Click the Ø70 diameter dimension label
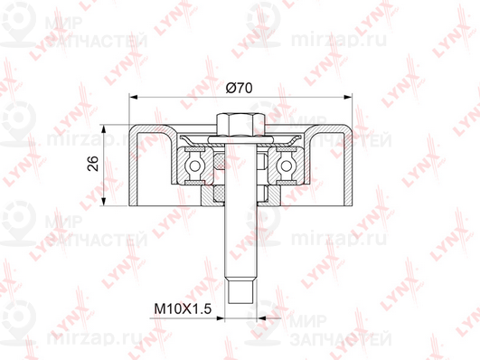(x=239, y=88)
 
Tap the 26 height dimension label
(x=93, y=164)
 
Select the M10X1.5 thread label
(x=183, y=308)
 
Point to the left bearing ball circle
(x=194, y=166)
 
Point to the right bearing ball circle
(x=287, y=166)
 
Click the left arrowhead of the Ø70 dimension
(x=133, y=97)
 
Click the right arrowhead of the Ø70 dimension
(x=348, y=97)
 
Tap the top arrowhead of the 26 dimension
(x=104, y=128)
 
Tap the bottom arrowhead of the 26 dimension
(x=104, y=202)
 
